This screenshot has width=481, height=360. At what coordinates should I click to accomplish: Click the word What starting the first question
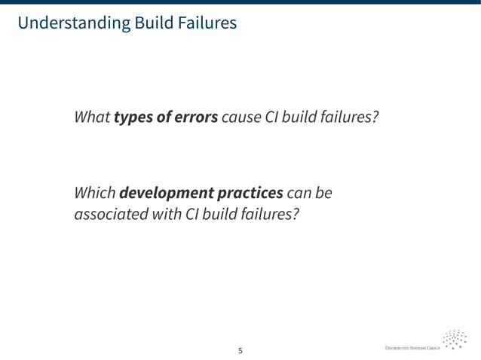click(x=91, y=118)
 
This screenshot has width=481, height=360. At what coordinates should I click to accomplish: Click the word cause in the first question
click(x=240, y=118)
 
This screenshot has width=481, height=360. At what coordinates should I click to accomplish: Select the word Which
click(x=94, y=194)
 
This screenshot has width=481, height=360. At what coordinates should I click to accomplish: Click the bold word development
click(x=166, y=194)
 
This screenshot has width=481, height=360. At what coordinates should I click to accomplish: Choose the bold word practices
click(x=250, y=194)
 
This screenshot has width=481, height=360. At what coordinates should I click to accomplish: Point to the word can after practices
click(x=302, y=194)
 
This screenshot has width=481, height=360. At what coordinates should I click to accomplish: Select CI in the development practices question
click(x=183, y=215)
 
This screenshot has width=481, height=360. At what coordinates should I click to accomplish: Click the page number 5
click(x=240, y=350)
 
